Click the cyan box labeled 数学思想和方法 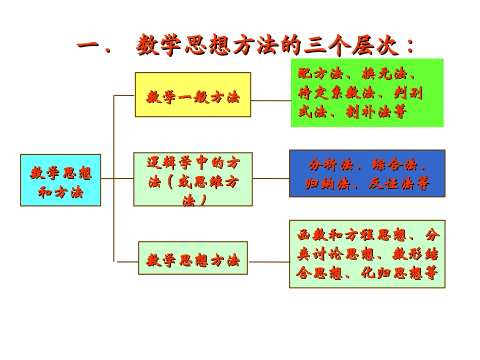(61, 180)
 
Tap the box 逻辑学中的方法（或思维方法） (193, 179)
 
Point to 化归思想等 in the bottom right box (399, 273)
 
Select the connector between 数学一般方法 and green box (271, 100)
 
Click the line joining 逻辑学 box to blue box (271, 179)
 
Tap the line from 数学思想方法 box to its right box (268, 262)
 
